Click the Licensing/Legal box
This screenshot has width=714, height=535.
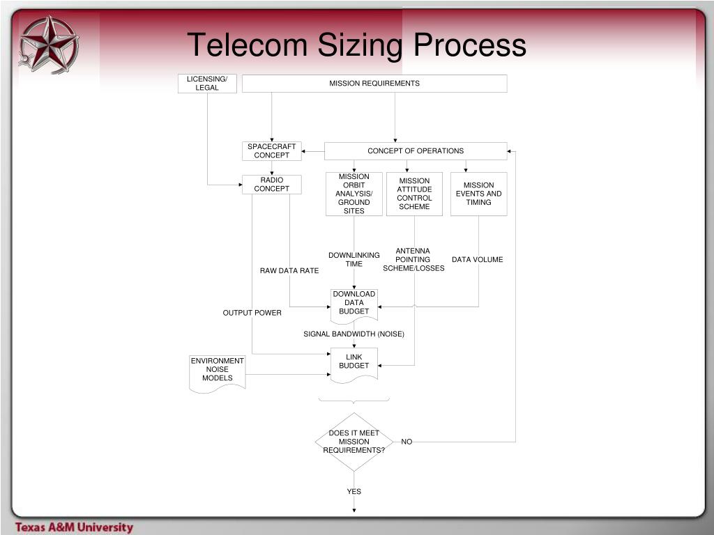207,84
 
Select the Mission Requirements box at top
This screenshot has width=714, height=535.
374,84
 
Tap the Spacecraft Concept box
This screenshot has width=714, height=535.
272,151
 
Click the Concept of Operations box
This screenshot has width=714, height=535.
416,151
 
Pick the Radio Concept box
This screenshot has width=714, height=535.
272,185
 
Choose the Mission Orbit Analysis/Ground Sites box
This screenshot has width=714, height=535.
354,194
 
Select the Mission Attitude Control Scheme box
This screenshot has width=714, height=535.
415,194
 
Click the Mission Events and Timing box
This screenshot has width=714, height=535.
479,194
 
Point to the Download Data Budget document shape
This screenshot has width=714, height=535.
354,304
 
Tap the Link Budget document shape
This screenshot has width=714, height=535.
354,363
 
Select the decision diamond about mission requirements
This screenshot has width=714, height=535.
354,442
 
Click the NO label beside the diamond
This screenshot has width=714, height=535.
407,442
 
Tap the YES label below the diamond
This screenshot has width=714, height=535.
354,492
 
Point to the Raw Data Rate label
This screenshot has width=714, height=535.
289,271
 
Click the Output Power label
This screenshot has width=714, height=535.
252,313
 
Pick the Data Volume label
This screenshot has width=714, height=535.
478,260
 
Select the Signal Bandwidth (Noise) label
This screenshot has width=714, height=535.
354,334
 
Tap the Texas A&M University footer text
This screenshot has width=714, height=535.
75,527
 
